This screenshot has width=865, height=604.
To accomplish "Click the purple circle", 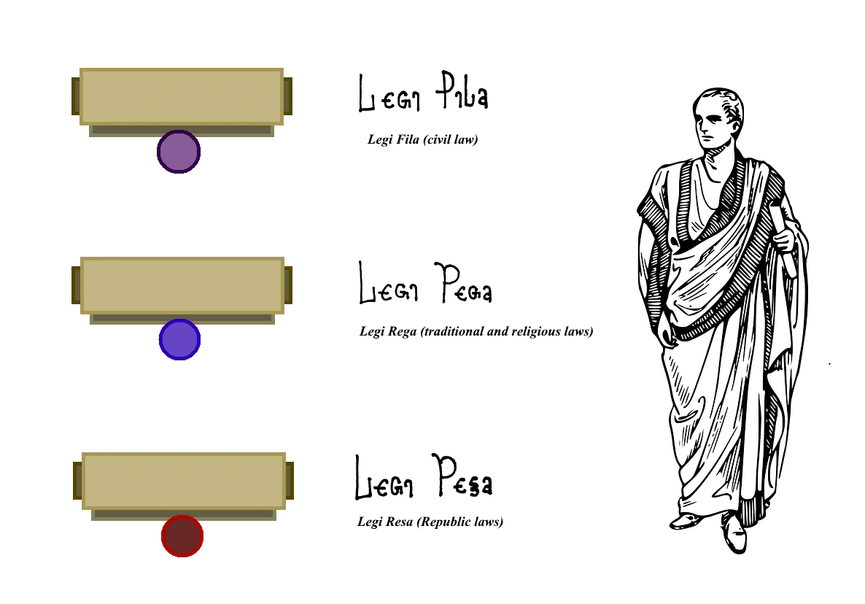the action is point(179,152).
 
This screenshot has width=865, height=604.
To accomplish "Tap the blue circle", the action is point(179,339).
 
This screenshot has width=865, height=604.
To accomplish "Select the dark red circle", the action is point(182,536).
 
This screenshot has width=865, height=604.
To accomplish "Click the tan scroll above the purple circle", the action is point(181,96).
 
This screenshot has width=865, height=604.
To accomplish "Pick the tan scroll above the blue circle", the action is point(182,285).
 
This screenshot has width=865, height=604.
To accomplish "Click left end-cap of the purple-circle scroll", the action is point(74,96).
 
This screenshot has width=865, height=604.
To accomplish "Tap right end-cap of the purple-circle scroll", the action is point(289,96).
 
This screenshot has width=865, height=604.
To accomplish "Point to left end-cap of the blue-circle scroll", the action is point(75,284).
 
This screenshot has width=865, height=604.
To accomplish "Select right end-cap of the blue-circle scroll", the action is point(290,285).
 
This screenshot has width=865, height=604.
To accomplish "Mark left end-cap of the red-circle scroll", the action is point(77,481).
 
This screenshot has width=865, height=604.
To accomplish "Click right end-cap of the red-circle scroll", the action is point(291,481).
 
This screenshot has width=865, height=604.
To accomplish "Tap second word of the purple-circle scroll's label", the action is point(461,95).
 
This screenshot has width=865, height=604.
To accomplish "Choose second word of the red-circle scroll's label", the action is point(465,479).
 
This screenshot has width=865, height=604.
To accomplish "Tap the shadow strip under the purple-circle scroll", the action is point(181,131).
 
